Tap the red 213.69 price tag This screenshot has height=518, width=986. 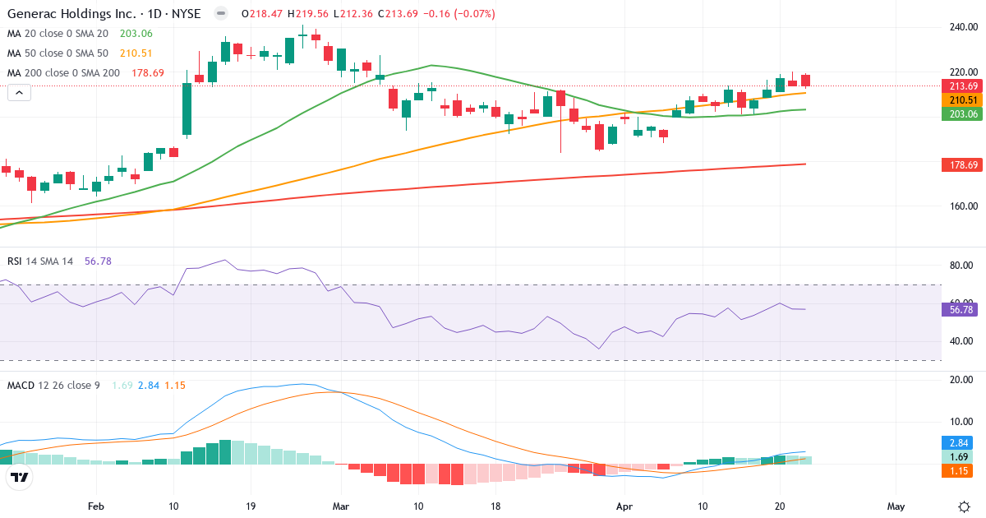click(x=962, y=86)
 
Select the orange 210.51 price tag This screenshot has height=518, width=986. click(x=962, y=99)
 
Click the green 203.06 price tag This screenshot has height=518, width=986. click(x=962, y=113)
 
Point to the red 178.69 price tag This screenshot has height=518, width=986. click(x=962, y=165)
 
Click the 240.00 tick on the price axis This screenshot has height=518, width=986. click(x=962, y=27)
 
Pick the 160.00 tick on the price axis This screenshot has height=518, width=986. click(x=962, y=206)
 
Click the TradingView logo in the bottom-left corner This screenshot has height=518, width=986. click(x=20, y=477)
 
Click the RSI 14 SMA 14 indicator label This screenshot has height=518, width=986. click(x=41, y=261)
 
